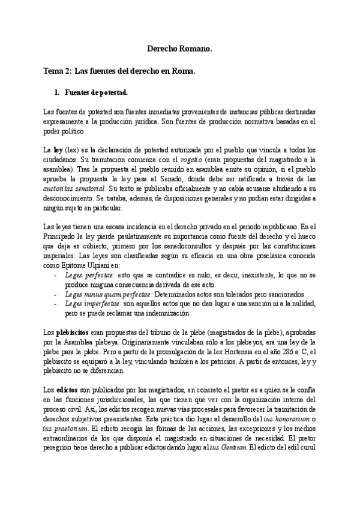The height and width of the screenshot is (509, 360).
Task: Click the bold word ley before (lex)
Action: click(58, 148)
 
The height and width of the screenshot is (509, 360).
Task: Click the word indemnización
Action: click(169, 313)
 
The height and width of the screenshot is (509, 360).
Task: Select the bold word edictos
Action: click(65, 391)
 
